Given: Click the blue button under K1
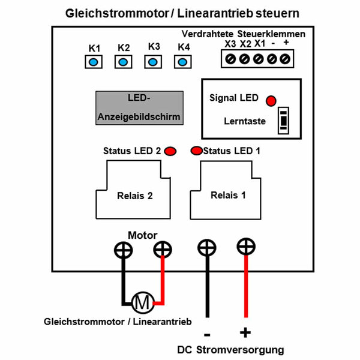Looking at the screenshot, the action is click(94, 62).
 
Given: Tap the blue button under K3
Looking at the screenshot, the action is click(153, 62).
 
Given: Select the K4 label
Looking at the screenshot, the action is click(184, 47).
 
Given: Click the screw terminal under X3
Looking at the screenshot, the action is click(230, 59).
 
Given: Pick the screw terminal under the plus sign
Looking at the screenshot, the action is click(285, 59).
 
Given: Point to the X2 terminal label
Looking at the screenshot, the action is click(245, 44).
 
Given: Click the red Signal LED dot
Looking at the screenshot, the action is click(271, 101).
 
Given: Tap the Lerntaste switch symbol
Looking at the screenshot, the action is click(283, 121).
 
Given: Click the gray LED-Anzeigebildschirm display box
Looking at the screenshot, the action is click(139, 108).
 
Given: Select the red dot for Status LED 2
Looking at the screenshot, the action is click(170, 151).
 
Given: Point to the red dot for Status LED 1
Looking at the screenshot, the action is click(197, 151).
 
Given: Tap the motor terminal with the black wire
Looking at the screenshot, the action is click(123, 250).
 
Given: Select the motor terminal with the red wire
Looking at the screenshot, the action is click(163, 250).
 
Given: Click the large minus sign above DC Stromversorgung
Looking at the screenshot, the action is click(207, 335).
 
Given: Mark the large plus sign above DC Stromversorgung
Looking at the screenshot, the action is click(245, 332).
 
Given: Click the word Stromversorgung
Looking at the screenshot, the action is click(240, 350).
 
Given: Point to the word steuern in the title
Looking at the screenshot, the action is click(278, 13).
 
